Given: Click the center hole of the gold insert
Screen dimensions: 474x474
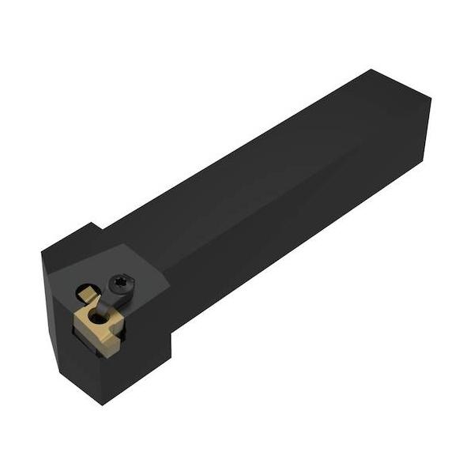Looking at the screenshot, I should tap(96, 319).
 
